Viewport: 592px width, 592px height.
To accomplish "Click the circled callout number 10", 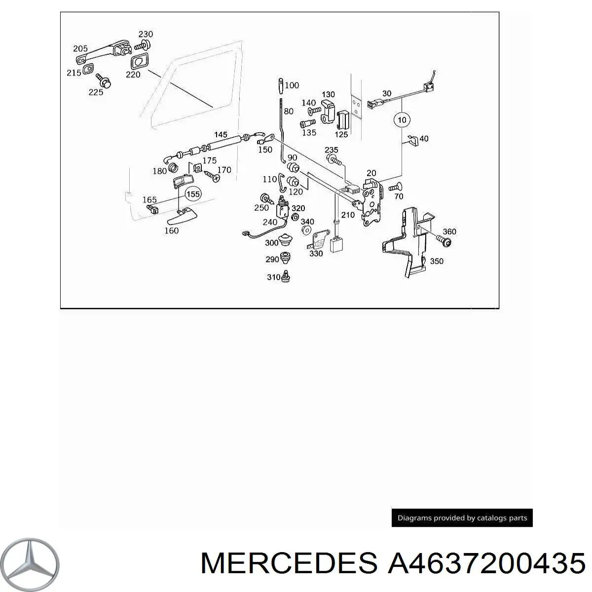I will [x=402, y=120].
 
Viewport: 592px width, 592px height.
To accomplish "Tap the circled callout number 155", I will [x=193, y=194].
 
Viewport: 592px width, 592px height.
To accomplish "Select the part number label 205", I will [x=80, y=48].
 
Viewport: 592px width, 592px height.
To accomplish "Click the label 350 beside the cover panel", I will [x=436, y=261].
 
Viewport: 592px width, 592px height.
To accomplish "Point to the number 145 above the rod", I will [x=221, y=134].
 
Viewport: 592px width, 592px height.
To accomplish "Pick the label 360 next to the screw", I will [x=449, y=231].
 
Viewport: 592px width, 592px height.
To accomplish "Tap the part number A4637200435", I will [x=486, y=563].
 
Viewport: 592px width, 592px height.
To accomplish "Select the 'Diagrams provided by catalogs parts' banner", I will [x=462, y=518].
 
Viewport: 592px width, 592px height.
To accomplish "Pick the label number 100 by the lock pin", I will [x=292, y=85].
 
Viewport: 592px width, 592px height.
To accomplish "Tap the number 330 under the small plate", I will [x=316, y=254].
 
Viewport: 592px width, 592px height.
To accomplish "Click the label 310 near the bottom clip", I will [x=273, y=277].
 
